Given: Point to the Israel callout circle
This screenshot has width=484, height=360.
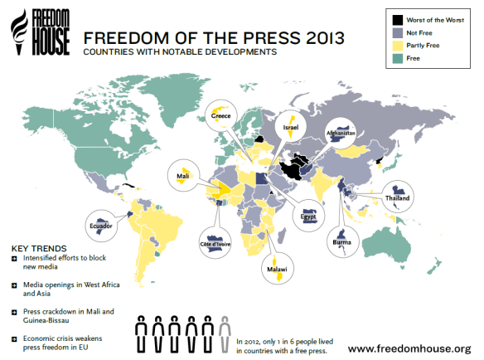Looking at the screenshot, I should (x=290, y=124).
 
